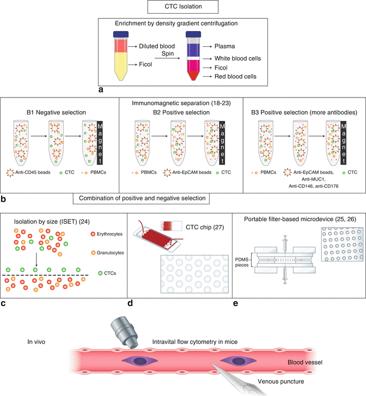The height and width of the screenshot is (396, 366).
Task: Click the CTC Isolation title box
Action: pyautogui.click(x=182, y=8)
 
